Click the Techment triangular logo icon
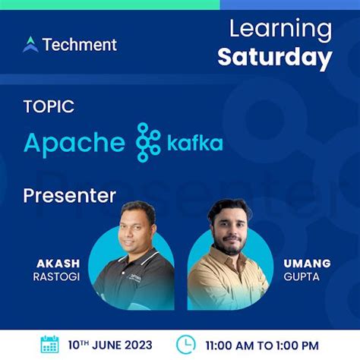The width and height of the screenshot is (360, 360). (30, 44)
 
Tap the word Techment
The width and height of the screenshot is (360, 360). (80, 44)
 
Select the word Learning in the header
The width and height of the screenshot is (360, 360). (280, 30)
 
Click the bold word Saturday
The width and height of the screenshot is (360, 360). (274, 57)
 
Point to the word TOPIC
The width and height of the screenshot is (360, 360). (49, 107)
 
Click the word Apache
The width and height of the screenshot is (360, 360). (74, 143)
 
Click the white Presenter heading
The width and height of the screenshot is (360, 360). (69, 195)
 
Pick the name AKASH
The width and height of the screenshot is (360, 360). (58, 264)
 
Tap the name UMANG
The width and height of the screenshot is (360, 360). (307, 264)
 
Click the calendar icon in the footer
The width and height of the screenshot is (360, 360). (49, 344)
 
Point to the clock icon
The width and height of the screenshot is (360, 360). (185, 344)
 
